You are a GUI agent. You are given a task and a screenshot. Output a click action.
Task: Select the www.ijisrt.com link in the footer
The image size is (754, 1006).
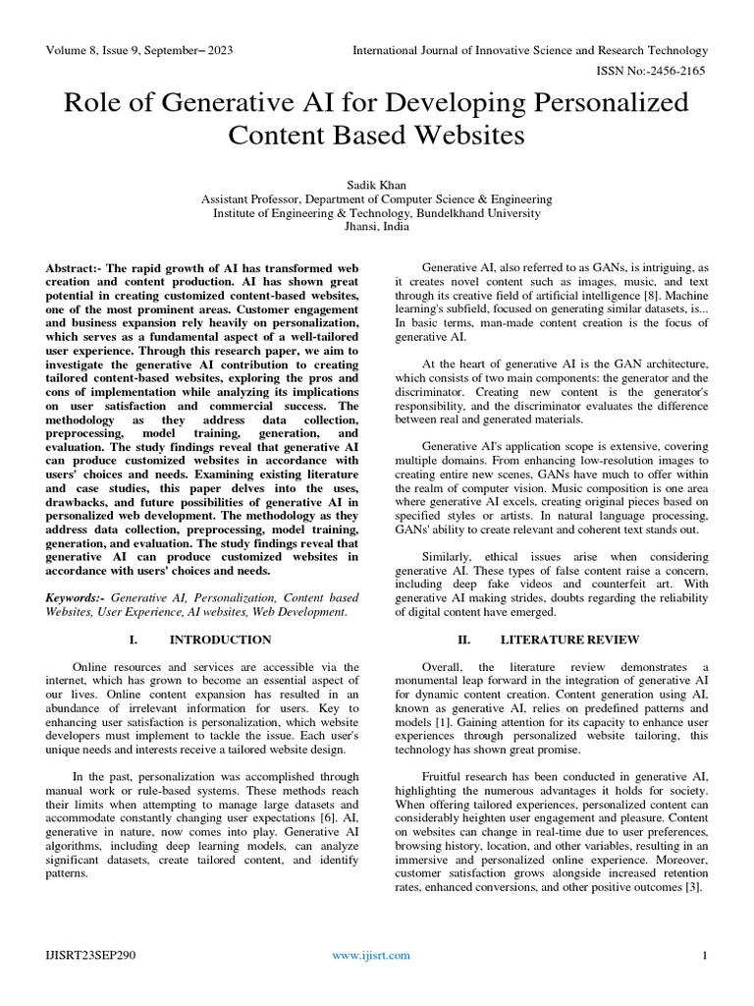click(371, 955)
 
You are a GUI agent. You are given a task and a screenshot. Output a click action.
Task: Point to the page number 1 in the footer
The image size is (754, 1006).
click(705, 955)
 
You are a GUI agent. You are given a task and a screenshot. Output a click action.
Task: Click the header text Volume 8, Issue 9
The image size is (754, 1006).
click(95, 50)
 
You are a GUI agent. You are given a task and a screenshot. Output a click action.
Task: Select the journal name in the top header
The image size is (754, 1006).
click(530, 50)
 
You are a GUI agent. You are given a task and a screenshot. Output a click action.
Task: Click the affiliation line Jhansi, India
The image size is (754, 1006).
click(376, 225)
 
